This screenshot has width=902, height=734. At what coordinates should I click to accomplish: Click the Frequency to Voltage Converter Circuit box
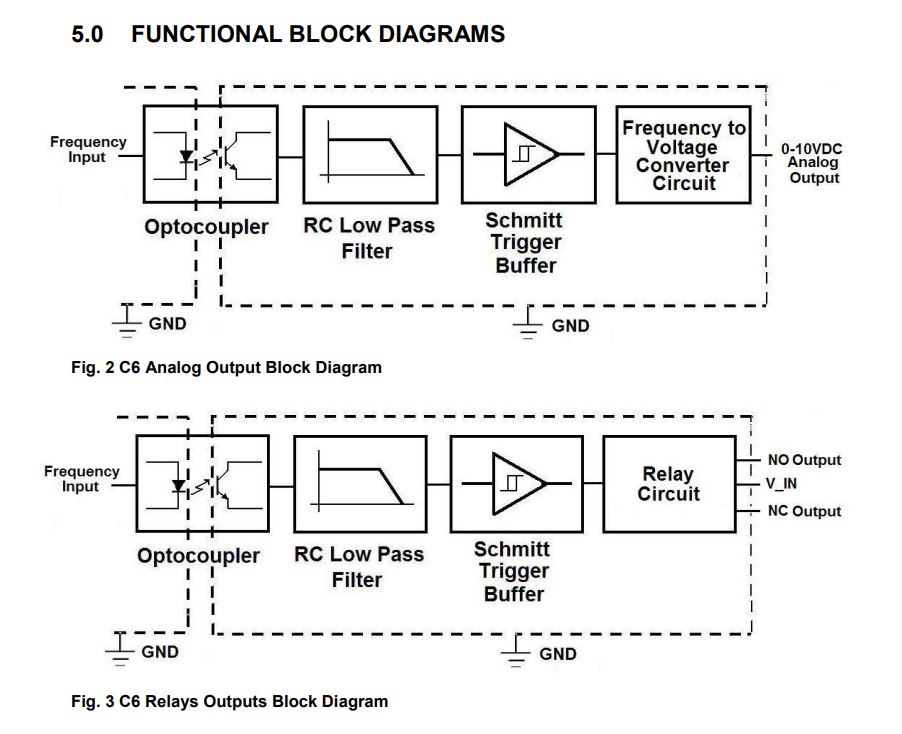click(x=684, y=155)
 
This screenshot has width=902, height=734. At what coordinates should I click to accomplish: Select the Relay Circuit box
click(x=669, y=484)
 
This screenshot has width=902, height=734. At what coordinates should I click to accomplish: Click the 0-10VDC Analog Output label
click(x=812, y=163)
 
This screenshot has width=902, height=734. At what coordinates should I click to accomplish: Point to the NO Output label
click(x=804, y=460)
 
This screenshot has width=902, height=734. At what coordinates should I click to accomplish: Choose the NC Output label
click(x=804, y=511)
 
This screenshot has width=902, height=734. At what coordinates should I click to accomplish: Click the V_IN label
click(x=788, y=485)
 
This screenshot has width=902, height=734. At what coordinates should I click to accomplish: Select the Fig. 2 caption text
click(x=226, y=367)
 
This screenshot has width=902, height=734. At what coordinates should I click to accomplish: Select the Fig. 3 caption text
click(x=229, y=701)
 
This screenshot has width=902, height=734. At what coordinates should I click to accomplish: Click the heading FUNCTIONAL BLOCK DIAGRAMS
click(x=318, y=35)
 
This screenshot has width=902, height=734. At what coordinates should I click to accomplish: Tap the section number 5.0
click(x=89, y=35)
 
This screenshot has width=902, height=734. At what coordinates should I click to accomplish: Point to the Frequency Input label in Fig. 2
click(x=88, y=150)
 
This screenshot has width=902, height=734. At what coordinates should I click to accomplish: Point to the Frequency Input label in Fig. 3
click(x=81, y=479)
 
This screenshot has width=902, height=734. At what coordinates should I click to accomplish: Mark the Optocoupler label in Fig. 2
click(x=206, y=227)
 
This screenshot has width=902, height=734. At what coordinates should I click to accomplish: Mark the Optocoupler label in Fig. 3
click(x=198, y=556)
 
